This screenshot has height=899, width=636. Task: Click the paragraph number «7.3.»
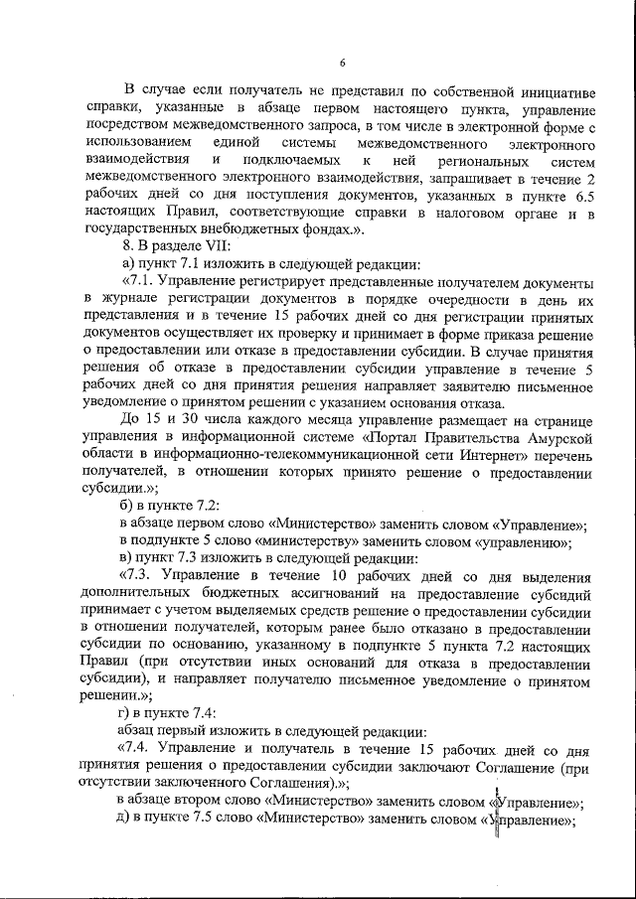point(138,576)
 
